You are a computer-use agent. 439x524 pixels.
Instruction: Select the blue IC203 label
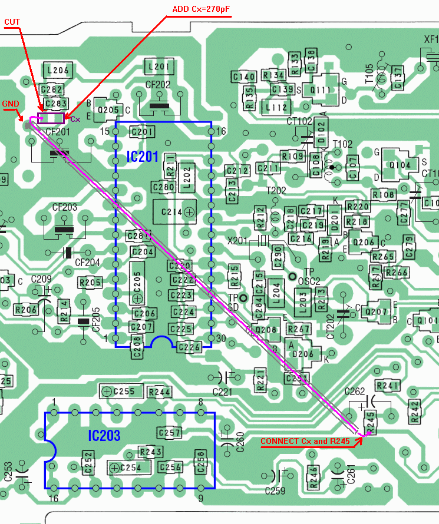click(x=104, y=436)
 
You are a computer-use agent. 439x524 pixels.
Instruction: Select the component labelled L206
click(x=58, y=71)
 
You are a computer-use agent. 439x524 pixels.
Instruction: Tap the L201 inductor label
click(x=160, y=67)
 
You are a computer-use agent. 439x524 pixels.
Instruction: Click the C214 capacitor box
click(x=173, y=211)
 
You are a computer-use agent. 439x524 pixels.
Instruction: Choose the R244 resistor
click(x=159, y=392)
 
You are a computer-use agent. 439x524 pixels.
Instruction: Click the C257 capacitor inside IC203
click(x=169, y=433)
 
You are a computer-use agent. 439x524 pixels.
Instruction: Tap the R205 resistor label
click(x=91, y=283)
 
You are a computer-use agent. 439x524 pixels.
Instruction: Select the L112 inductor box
click(x=276, y=107)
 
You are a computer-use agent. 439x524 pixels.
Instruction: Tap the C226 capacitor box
click(x=189, y=347)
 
